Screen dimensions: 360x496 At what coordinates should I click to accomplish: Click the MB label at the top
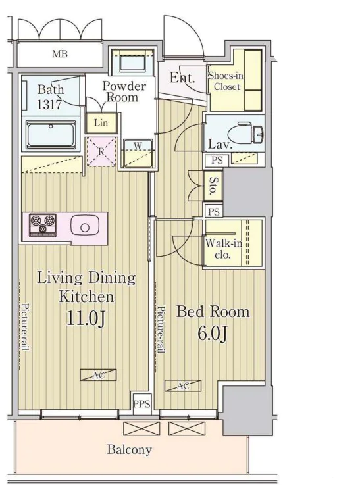60,54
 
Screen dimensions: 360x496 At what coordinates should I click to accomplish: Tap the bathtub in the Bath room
51,135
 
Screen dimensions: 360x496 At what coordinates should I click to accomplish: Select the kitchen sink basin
85,226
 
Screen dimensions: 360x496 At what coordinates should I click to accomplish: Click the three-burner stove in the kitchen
43,225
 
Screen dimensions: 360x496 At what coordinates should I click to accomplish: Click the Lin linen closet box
101,123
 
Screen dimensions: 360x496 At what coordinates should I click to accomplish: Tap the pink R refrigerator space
101,152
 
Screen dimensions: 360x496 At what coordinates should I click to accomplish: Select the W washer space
138,153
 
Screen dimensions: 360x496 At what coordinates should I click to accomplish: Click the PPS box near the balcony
141,404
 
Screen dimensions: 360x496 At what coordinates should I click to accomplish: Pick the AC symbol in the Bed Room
183,385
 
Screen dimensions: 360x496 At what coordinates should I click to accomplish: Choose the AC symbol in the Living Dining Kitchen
98,375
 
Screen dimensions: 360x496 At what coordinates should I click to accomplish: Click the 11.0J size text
86,318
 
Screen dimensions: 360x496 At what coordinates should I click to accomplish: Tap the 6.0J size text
213,333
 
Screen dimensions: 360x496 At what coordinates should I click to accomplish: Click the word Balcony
130,449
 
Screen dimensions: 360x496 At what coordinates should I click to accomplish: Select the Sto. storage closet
213,186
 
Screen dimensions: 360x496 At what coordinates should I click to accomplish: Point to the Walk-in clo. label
223,249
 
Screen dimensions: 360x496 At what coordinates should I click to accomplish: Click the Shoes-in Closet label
226,81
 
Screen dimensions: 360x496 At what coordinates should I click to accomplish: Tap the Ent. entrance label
182,78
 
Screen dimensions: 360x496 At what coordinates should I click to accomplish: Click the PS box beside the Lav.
217,160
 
